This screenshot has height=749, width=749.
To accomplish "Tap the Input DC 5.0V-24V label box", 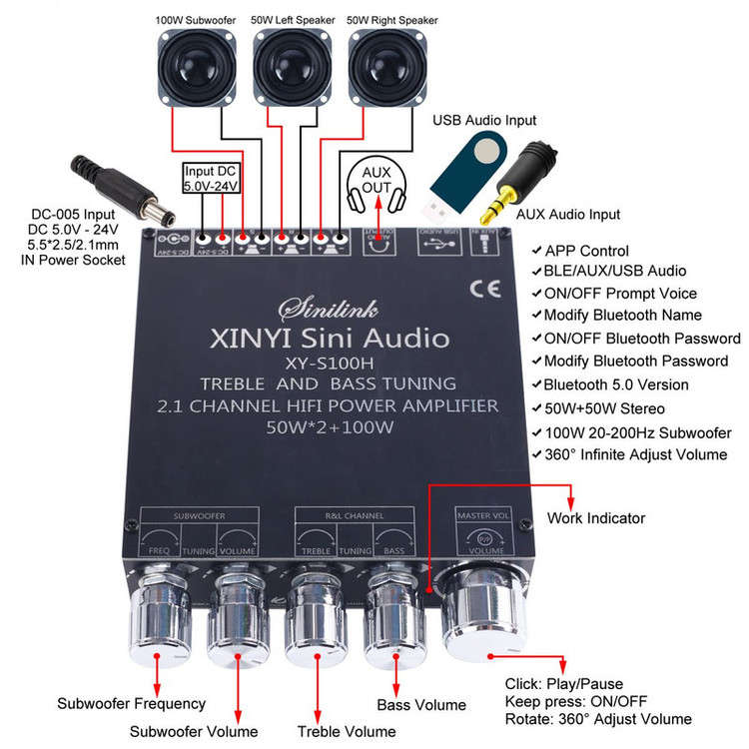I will pos(211,177).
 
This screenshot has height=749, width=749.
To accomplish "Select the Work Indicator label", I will pos(596,518).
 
